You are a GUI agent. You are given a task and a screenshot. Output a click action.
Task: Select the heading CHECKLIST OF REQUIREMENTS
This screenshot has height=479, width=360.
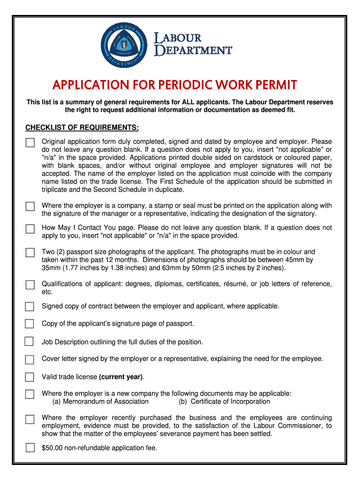(82, 128)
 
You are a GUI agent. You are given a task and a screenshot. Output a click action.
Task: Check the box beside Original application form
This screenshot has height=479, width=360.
(30, 142)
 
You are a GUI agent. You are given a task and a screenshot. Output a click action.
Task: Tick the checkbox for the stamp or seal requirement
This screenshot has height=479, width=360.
(30, 206)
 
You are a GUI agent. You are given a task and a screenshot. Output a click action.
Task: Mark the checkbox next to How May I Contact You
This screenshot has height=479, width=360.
(30, 229)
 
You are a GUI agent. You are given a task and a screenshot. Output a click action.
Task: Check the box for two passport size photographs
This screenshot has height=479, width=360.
(30, 253)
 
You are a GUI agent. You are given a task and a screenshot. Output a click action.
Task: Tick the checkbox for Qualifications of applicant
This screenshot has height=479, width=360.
(30, 285)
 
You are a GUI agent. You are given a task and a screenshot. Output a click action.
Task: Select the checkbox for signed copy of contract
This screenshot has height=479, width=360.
(30, 307)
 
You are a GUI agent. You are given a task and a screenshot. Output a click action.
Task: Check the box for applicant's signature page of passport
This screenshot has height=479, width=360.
(30, 324)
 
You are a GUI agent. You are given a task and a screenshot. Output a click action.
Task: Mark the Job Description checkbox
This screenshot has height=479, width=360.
(29, 341)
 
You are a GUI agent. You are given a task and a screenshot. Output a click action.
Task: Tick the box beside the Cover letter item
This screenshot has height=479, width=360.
(30, 359)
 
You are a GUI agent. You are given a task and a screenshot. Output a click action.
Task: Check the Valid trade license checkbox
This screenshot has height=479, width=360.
(30, 377)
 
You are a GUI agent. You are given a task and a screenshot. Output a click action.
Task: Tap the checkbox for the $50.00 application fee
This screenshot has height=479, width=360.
(30, 448)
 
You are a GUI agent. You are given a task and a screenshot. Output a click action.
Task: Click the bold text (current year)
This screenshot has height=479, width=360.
(121, 377)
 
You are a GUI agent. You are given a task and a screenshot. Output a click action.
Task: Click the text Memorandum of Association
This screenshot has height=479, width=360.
(106, 401)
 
